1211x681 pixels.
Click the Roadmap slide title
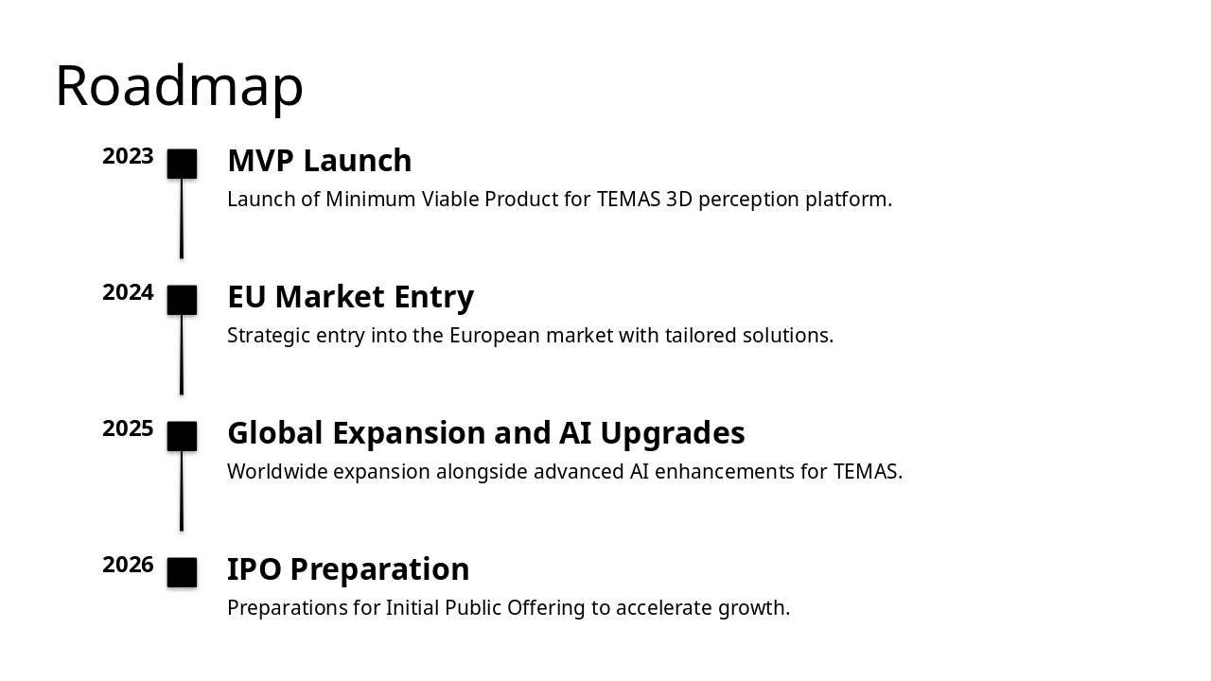179,86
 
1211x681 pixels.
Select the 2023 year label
128,157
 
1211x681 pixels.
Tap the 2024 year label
128,293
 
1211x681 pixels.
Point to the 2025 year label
128,429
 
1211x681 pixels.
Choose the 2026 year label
128,566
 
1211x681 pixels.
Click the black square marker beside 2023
182,164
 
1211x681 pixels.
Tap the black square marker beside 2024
182,300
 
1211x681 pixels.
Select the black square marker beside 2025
182,436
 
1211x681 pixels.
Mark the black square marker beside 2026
182,572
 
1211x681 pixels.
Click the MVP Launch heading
319,161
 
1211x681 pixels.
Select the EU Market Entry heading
350,297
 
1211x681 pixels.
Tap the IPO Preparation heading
348,569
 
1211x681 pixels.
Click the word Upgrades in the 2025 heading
673,433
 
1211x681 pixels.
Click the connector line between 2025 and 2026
182,492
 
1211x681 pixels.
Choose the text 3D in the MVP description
678,200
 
